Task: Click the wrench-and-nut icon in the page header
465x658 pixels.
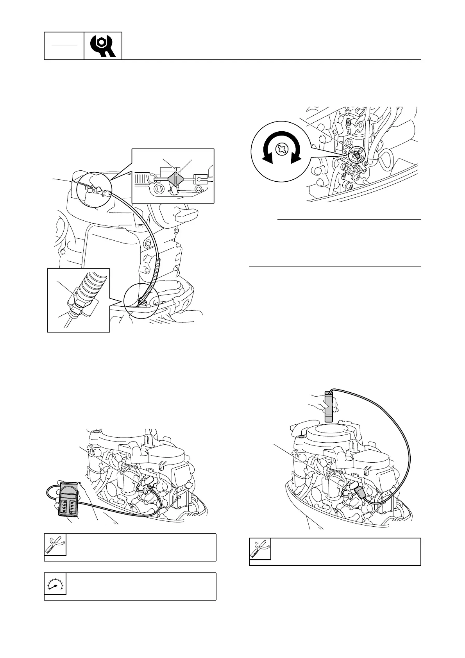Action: pyautogui.click(x=103, y=46)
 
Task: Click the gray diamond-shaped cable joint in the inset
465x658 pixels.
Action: pyautogui.click(x=175, y=180)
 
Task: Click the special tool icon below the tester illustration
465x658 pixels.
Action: pyautogui.click(x=55, y=545)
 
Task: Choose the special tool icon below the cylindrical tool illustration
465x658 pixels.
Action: pyautogui.click(x=260, y=549)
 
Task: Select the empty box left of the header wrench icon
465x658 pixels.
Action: pyautogui.click(x=64, y=46)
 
